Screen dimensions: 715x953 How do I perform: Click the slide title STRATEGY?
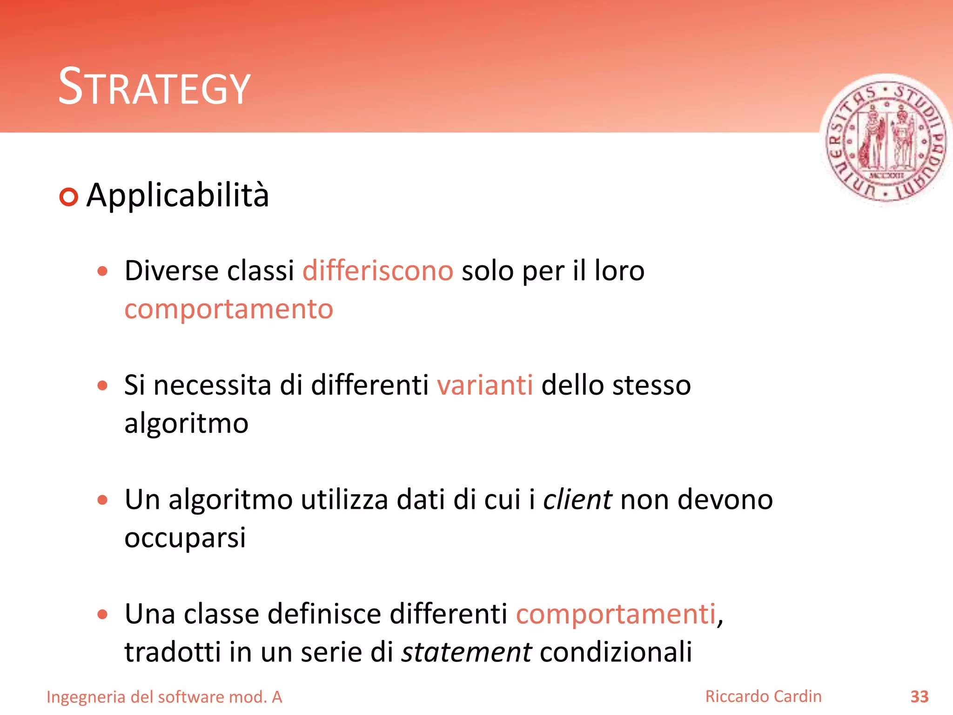pyautogui.click(x=154, y=87)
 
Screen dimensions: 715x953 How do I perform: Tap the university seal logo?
pyautogui.click(x=886, y=140)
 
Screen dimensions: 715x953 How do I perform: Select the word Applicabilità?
pyautogui.click(x=178, y=196)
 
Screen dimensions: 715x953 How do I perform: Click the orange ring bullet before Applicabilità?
pyautogui.click(x=69, y=197)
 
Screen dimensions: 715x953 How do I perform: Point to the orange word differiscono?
pyautogui.click(x=377, y=271)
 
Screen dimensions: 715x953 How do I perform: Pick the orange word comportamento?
pyautogui.click(x=228, y=309)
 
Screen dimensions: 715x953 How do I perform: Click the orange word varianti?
pyautogui.click(x=484, y=385)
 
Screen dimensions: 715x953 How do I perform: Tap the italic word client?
pyautogui.click(x=577, y=500)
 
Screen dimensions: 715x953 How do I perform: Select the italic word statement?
pyautogui.click(x=466, y=652)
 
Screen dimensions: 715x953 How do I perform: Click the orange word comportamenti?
pyautogui.click(x=616, y=614)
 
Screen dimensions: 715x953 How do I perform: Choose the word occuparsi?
pyautogui.click(x=185, y=538)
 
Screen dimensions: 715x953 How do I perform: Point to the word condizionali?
pyautogui.click(x=616, y=652)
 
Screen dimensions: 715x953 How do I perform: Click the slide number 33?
pyautogui.click(x=919, y=697)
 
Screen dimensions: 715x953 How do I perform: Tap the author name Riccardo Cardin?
pyautogui.click(x=763, y=696)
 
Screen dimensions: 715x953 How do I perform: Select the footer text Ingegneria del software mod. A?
pyautogui.click(x=164, y=697)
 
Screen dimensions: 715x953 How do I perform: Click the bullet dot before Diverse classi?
pyautogui.click(x=103, y=271)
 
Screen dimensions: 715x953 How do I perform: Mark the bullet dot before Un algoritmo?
pyautogui.click(x=103, y=500)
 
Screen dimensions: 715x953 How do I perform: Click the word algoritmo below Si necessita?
pyautogui.click(x=186, y=424)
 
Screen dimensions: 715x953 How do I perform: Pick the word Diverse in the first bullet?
pyautogui.click(x=172, y=271)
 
